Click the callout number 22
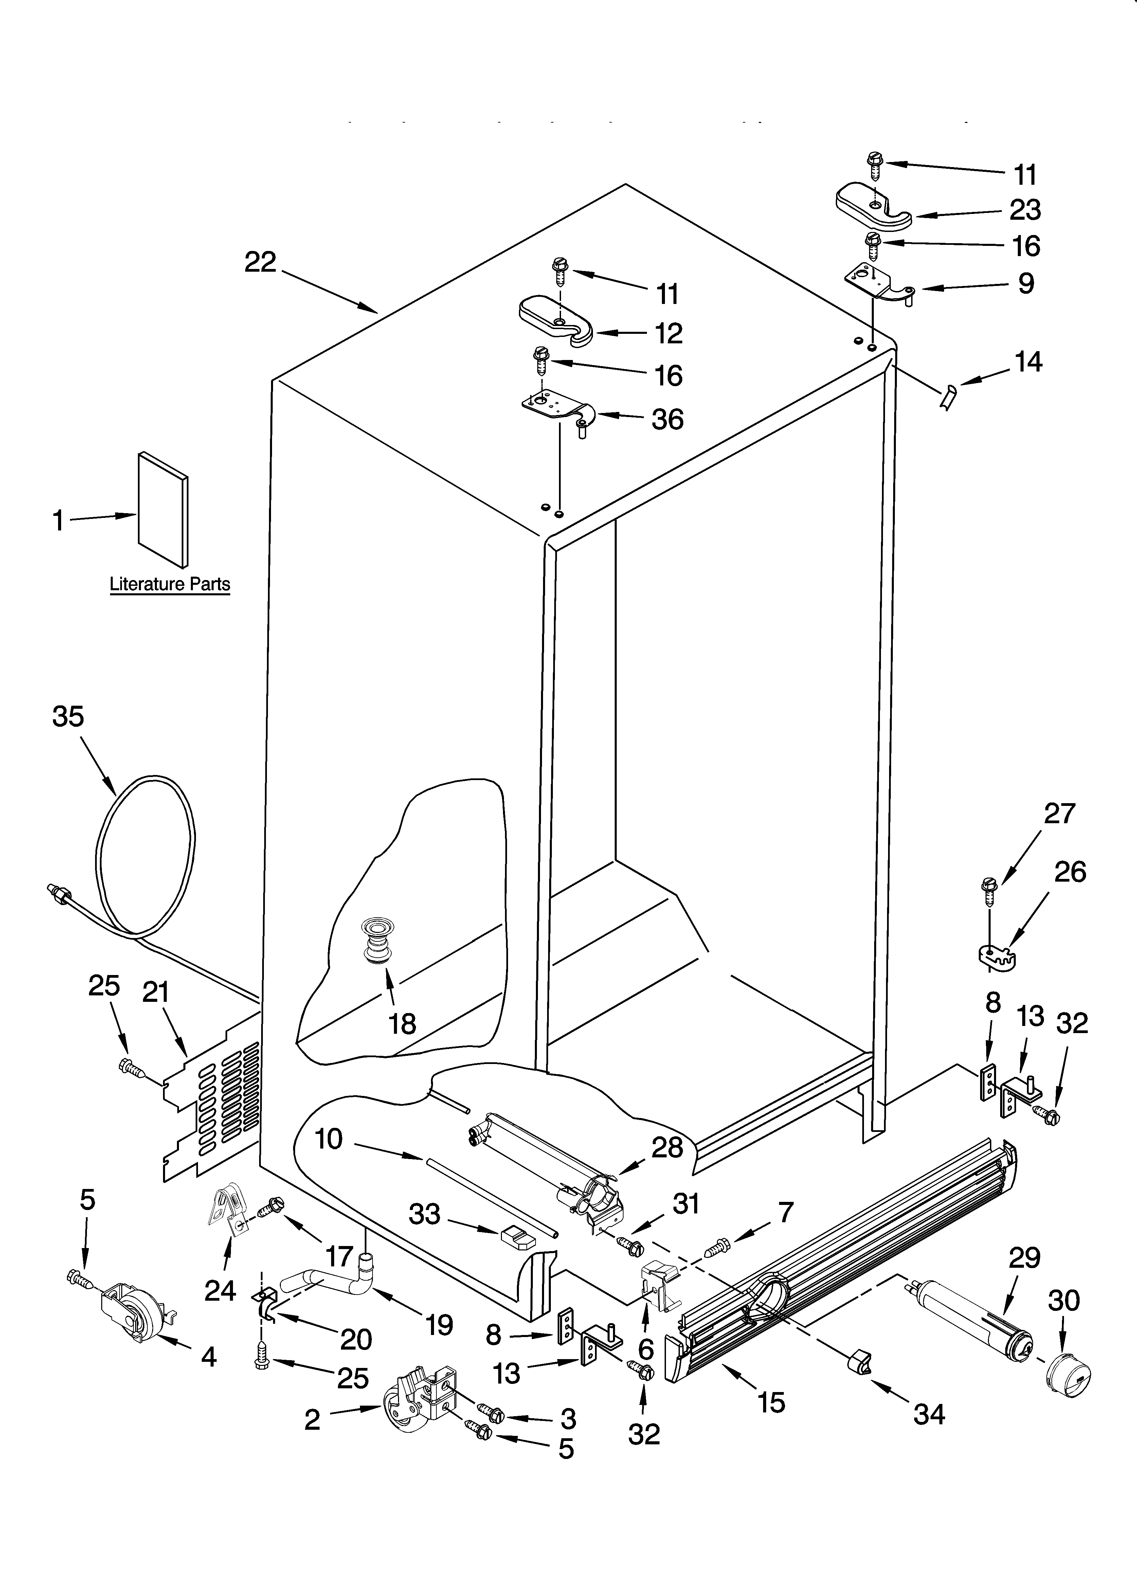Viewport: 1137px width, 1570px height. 260,261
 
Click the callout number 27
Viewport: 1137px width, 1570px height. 1060,813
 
